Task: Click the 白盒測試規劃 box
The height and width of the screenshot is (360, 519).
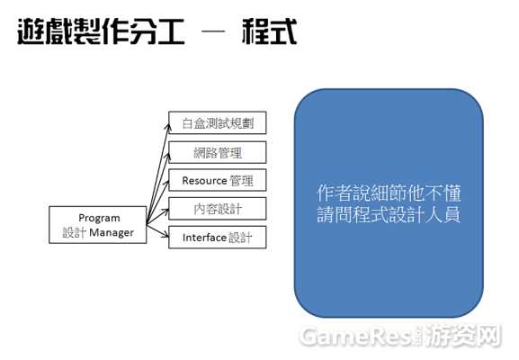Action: click(x=217, y=123)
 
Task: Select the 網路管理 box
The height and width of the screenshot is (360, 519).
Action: click(x=217, y=152)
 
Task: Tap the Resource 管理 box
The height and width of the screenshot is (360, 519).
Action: click(x=217, y=180)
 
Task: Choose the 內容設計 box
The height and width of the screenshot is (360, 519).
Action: click(x=217, y=209)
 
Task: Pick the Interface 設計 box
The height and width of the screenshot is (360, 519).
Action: click(x=217, y=237)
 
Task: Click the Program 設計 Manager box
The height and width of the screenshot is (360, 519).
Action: click(x=98, y=225)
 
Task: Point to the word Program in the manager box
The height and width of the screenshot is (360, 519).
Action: click(x=99, y=219)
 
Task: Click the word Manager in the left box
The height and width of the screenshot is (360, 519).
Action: click(x=112, y=232)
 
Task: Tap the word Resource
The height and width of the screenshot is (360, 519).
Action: click(x=204, y=181)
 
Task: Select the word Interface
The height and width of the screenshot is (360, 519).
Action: click(x=204, y=238)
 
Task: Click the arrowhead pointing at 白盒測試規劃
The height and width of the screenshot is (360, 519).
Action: click(x=168, y=128)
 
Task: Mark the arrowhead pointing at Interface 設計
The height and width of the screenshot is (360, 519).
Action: click(x=166, y=235)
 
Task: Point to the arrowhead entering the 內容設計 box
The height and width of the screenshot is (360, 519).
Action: click(x=166, y=211)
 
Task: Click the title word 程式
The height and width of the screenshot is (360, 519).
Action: click(x=270, y=31)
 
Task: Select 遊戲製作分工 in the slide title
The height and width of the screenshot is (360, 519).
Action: click(x=101, y=31)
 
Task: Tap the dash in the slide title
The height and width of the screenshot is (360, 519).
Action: click(x=213, y=31)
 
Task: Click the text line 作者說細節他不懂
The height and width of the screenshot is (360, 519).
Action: click(x=389, y=193)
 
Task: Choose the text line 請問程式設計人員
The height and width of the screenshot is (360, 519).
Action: click(x=389, y=214)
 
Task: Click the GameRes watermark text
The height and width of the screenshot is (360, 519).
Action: click(x=357, y=337)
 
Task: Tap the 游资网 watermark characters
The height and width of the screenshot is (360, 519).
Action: click(x=463, y=336)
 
